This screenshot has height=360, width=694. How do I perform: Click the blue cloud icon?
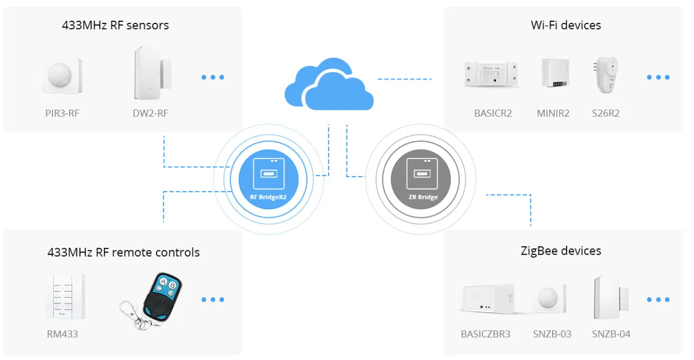click(329, 84)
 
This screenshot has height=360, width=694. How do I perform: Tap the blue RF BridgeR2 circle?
click(268, 179)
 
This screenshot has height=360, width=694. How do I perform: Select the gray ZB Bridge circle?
click(421, 179)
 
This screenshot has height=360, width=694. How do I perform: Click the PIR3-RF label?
click(62, 113)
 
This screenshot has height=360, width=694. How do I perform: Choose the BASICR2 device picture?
click(491, 74)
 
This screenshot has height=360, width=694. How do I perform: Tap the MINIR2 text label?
click(553, 113)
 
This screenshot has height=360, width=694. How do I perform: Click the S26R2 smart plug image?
click(606, 75)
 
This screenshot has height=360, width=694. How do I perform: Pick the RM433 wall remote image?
click(66, 297)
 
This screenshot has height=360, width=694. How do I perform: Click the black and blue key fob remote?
click(152, 301)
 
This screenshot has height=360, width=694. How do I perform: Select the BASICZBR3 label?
click(486, 334)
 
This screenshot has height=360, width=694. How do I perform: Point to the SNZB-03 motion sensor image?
click(549, 298)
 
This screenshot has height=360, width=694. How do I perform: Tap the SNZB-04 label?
click(611, 334)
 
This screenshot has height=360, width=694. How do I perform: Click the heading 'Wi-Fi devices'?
click(566, 25)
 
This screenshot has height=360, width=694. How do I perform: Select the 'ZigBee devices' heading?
click(561, 251)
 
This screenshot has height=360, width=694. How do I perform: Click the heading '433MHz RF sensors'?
click(115, 25)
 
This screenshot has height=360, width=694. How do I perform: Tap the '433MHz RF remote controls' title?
click(123, 252)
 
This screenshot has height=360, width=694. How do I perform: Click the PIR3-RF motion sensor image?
click(62, 76)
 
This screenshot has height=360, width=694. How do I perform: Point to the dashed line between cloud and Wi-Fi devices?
click(404, 79)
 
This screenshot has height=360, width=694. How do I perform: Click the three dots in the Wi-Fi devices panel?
click(658, 77)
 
